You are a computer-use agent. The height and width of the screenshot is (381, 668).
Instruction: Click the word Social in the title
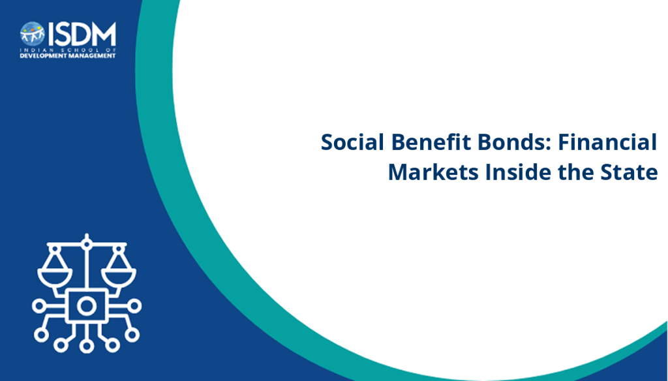353,142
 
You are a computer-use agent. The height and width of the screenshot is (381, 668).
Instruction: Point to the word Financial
607,142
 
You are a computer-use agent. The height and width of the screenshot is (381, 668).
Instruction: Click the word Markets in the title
433,172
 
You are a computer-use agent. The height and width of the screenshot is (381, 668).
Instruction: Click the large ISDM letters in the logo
82,34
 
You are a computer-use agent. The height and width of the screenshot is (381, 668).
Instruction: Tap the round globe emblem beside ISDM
33,34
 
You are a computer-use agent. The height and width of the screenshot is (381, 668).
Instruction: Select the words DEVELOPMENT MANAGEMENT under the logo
68,56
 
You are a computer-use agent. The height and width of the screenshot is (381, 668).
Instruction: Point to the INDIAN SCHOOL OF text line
68,50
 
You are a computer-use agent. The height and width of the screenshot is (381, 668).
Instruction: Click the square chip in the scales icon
87,305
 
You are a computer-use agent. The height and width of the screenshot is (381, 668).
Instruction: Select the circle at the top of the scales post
87,244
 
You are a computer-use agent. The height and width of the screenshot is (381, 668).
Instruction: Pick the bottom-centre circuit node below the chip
87,346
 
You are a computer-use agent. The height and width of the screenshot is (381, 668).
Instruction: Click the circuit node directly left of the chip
38,305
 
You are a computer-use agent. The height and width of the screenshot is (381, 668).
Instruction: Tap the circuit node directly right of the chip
134,305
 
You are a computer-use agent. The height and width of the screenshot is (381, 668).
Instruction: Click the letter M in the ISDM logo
104,34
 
